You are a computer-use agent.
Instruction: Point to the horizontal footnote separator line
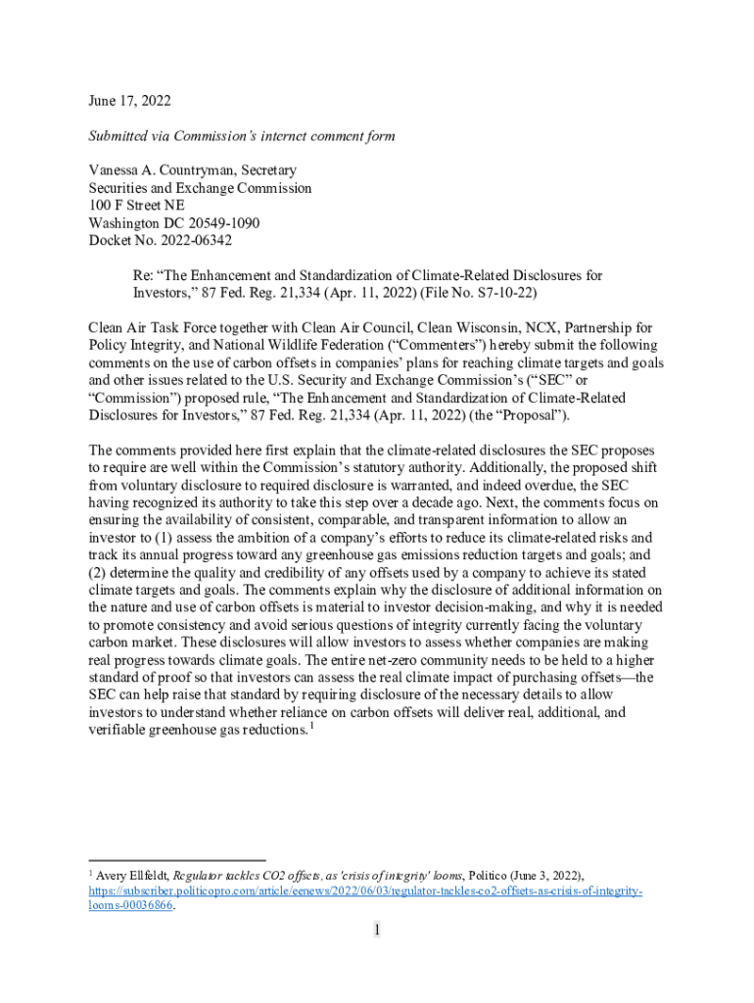[176, 861]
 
